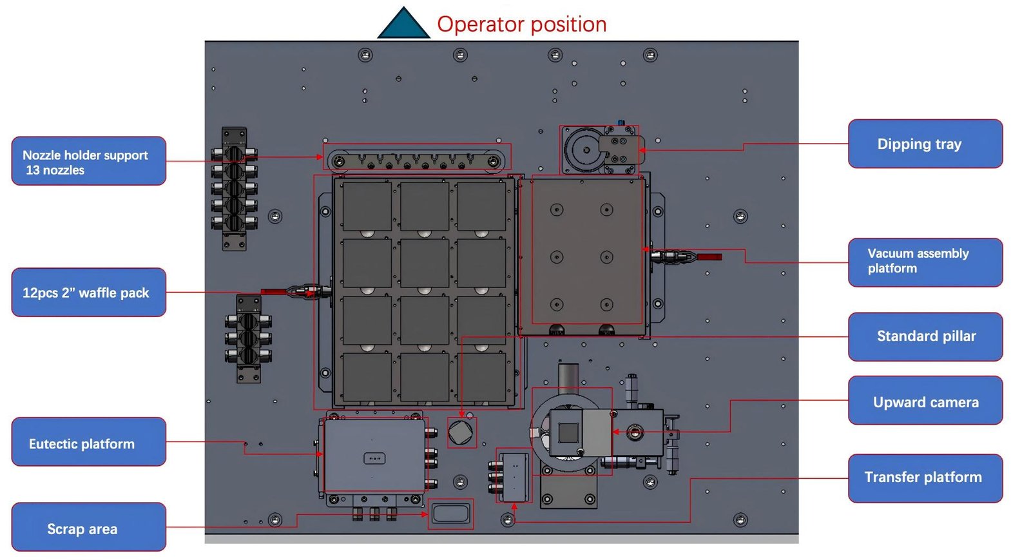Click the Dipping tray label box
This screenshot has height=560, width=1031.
pos(925,144)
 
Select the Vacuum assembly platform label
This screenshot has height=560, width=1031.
pos(925,262)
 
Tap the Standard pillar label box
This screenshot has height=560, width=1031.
pos(925,336)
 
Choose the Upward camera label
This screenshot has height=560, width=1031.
pos(925,402)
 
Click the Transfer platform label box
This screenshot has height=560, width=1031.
pos(925,478)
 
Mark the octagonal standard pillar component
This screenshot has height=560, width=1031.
pos(461,432)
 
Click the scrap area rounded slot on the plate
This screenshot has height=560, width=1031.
pos(450,514)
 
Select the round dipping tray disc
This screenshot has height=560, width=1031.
pos(585,150)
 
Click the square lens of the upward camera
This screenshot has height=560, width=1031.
pos(568,432)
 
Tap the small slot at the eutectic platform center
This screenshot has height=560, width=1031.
pos(374,458)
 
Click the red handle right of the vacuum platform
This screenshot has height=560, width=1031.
pos(709,256)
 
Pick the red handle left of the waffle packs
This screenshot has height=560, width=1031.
pos(273,292)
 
